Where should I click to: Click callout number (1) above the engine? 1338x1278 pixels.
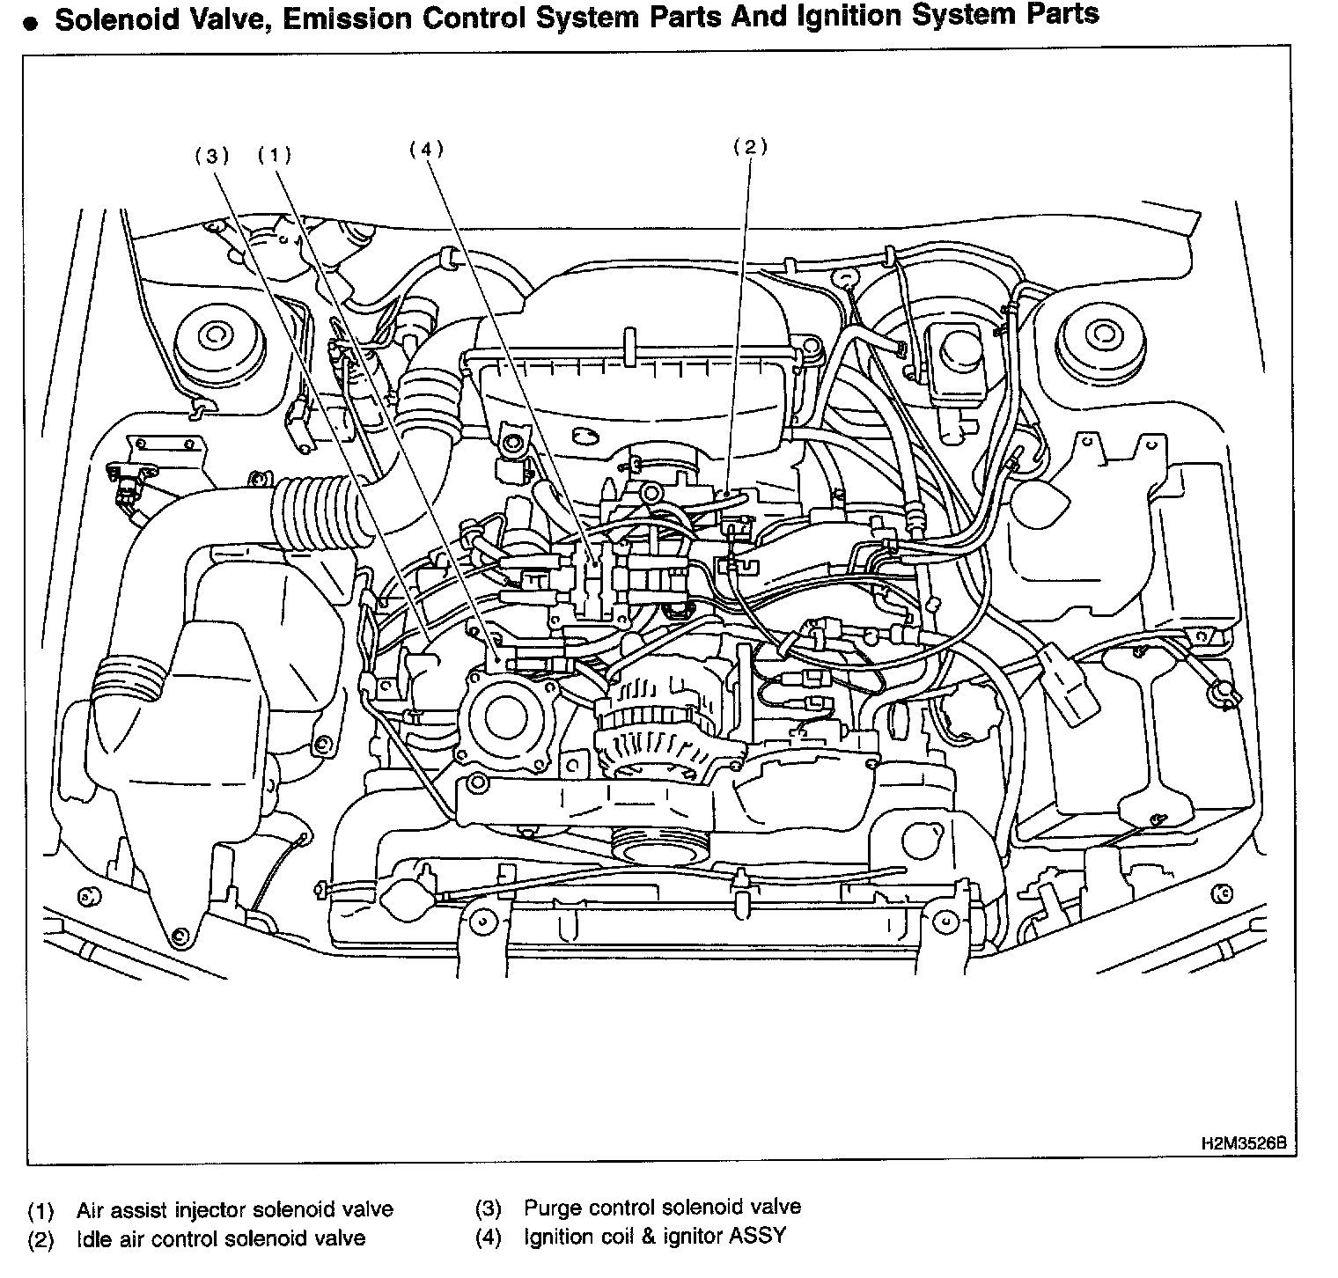pyautogui.click(x=274, y=156)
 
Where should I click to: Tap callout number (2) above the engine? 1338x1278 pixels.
pyautogui.click(x=750, y=147)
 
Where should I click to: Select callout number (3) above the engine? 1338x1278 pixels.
pyautogui.click(x=211, y=156)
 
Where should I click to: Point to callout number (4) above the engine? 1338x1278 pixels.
pyautogui.click(x=426, y=149)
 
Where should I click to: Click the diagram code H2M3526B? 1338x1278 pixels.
pyautogui.click(x=1243, y=1144)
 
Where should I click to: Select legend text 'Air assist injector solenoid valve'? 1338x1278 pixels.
pyautogui.click(x=234, y=1209)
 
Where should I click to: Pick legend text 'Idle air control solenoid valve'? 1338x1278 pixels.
pyautogui.click(x=220, y=1238)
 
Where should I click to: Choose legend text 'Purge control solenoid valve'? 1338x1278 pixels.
pyautogui.click(x=662, y=1207)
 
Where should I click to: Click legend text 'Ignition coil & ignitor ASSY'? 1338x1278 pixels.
pyautogui.click(x=655, y=1237)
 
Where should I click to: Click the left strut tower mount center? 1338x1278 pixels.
pyautogui.click(x=213, y=335)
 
